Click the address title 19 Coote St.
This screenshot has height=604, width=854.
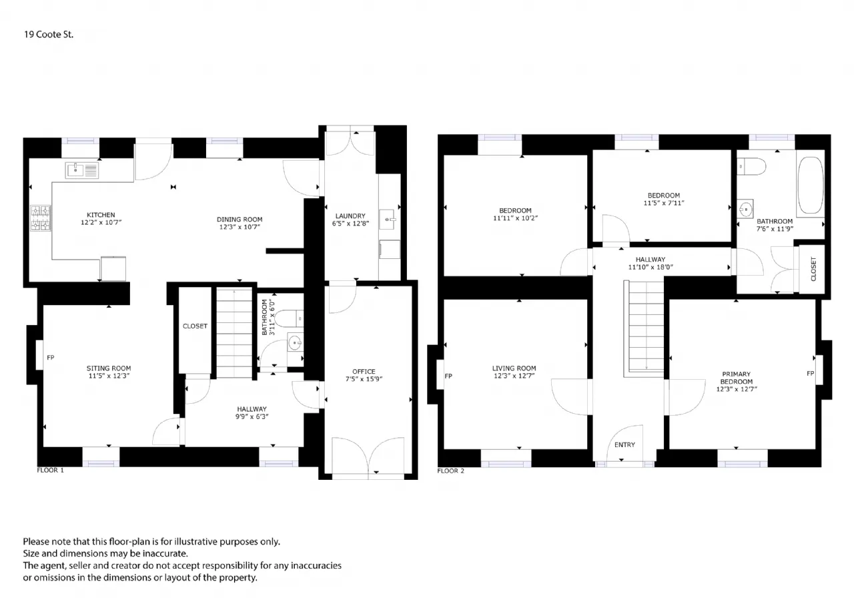49,34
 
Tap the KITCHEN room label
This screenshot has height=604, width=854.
101,215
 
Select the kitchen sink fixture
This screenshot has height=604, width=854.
81,170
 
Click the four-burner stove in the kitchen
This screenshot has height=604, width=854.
41,218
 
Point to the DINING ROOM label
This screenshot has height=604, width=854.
240,220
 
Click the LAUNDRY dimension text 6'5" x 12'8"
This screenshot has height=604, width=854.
350,224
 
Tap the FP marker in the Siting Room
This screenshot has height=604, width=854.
50,357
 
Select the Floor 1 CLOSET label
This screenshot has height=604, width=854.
195,326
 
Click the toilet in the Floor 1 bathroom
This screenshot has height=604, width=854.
289,319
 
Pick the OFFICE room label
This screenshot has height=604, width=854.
364,371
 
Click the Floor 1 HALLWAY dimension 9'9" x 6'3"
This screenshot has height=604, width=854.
252,416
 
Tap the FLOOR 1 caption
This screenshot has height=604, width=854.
50,470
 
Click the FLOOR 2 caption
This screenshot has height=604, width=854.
450,471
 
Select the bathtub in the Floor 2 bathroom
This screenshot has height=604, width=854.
811,185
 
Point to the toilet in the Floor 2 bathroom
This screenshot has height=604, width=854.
751,167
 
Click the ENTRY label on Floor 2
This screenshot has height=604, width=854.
624,444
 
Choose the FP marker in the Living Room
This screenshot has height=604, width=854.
448,376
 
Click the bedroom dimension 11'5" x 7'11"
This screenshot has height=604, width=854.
664,203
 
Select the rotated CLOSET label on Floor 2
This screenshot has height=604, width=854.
813,269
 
